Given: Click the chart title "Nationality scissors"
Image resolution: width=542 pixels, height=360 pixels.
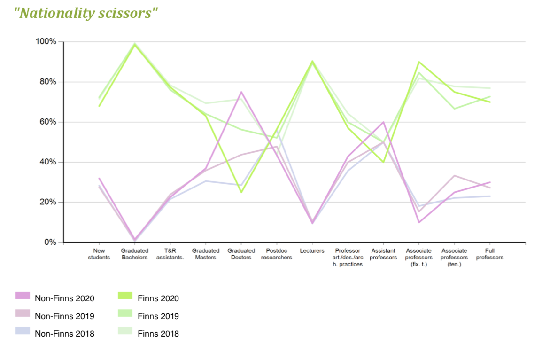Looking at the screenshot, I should pyautogui.click(x=86, y=13).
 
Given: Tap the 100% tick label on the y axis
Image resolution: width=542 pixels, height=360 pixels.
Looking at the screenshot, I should pyautogui.click(x=46, y=42).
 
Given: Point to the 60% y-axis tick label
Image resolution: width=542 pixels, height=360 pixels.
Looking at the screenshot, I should pyautogui.click(x=47, y=122).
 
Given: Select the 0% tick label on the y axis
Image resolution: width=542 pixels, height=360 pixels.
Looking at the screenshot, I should pyautogui.click(x=50, y=243).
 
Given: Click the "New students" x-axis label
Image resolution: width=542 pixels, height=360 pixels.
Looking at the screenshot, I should pyautogui.click(x=99, y=254).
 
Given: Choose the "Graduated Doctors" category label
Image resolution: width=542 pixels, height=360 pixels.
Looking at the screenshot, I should pyautogui.click(x=241, y=254).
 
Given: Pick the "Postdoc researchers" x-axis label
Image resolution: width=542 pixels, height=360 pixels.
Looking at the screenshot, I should pyautogui.click(x=277, y=254).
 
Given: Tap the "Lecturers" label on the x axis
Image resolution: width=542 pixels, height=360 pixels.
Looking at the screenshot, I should pyautogui.click(x=312, y=251).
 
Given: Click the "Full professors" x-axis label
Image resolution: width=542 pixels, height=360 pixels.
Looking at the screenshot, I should pyautogui.click(x=489, y=254).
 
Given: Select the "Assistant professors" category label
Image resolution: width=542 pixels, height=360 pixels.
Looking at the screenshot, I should pyautogui.click(x=383, y=254).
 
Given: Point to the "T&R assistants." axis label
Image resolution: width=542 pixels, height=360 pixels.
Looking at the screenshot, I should pyautogui.click(x=170, y=254).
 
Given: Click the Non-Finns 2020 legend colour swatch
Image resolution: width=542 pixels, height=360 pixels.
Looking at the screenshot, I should pyautogui.click(x=23, y=296).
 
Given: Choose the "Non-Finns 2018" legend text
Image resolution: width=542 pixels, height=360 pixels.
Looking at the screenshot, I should pyautogui.click(x=64, y=334).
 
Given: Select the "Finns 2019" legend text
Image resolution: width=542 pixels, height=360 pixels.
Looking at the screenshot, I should pyautogui.click(x=158, y=316).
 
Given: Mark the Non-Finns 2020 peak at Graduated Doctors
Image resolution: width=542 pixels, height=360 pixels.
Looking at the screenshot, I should pyautogui.click(x=241, y=92).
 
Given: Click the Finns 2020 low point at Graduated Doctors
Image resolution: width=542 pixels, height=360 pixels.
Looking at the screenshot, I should pyautogui.click(x=241, y=192).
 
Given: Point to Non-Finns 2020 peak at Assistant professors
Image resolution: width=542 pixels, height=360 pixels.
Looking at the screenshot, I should pyautogui.click(x=383, y=122).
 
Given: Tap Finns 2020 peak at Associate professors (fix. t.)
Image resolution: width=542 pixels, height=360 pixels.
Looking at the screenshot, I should pyautogui.click(x=418, y=62).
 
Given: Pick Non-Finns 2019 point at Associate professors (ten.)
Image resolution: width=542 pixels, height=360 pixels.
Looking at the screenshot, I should pyautogui.click(x=454, y=176).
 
